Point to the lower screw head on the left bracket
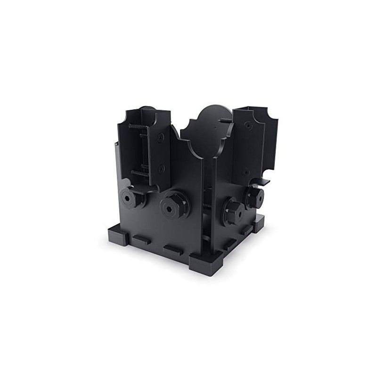[x=162, y=168]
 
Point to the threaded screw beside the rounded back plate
[x=225, y=121]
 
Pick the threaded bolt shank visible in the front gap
[x=208, y=208]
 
